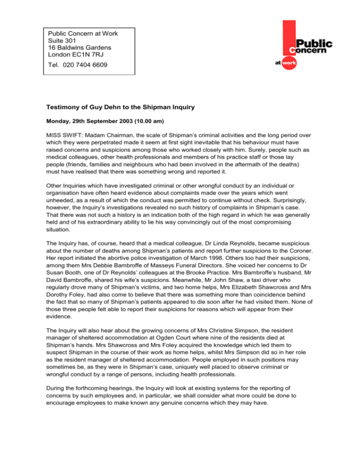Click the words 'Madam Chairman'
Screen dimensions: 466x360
coord(112,134)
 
